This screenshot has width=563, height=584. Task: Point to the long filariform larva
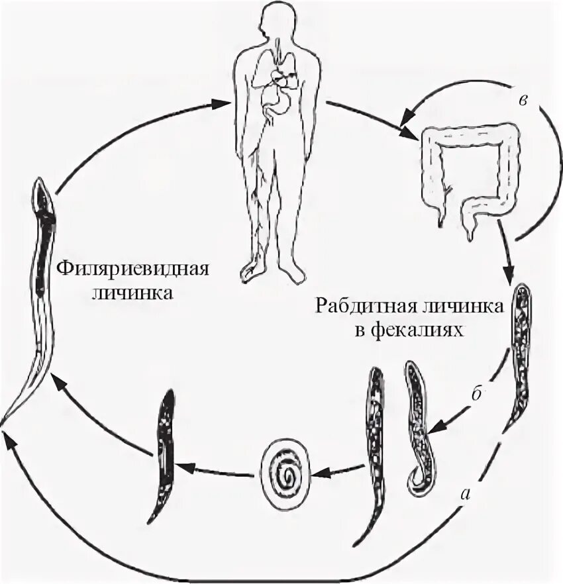tap(36, 298)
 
